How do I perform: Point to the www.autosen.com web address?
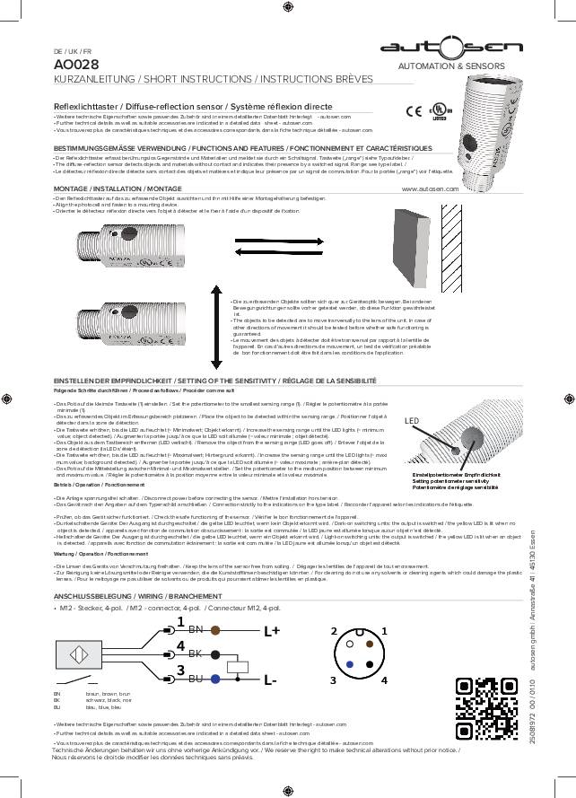pos(430,189)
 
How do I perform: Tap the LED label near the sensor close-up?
pos(412,420)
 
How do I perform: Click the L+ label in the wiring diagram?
pos(272,630)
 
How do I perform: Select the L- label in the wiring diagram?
pos(270,680)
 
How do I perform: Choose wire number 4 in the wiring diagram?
pos(180,645)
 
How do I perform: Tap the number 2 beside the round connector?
pos(334,631)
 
